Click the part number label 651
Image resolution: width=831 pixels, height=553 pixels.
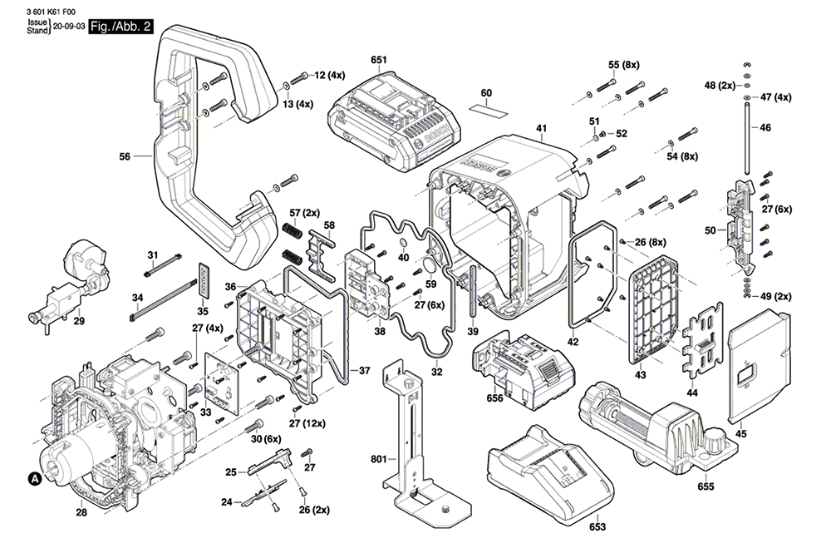(x=379, y=60)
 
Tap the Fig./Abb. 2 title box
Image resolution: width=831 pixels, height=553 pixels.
(x=120, y=27)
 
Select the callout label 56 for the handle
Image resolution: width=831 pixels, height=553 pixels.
(x=125, y=156)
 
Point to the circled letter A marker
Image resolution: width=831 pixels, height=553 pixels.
(x=34, y=479)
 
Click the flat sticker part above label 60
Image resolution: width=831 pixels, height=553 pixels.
(x=488, y=110)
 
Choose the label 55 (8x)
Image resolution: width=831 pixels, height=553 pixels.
(x=624, y=65)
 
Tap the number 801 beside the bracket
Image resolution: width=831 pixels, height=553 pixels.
(x=378, y=459)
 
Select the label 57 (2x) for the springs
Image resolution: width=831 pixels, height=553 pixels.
(x=305, y=213)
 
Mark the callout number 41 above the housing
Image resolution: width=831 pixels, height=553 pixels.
(x=541, y=128)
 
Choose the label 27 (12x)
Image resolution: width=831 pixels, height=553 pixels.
(x=307, y=423)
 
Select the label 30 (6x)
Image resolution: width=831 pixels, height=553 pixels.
(x=266, y=439)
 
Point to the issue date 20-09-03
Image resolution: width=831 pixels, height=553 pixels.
(x=70, y=27)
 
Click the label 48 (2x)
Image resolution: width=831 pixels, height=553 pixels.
(x=720, y=86)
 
